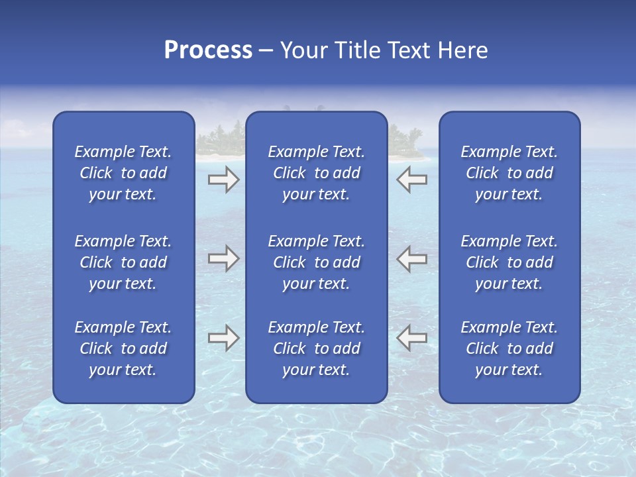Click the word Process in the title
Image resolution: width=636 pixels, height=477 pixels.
tap(208, 50)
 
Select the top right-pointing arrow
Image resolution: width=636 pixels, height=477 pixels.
tap(223, 180)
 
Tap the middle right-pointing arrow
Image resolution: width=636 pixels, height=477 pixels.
tap(223, 258)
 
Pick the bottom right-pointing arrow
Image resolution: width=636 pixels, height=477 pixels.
tap(223, 337)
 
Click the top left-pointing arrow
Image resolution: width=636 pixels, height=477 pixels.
tap(411, 180)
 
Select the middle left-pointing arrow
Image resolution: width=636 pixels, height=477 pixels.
tap(411, 258)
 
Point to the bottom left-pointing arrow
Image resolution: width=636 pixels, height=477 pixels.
tap(411, 337)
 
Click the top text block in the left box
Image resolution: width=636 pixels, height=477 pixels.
tap(123, 173)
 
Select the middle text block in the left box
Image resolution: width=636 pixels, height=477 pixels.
tap(123, 262)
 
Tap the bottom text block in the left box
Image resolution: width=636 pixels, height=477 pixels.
tap(123, 348)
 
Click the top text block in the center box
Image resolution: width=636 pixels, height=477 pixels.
tap(316, 173)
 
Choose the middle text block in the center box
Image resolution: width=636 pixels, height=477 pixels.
tap(316, 262)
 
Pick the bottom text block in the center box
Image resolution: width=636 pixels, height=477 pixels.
tap(316, 348)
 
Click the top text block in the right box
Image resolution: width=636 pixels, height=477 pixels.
tap(509, 173)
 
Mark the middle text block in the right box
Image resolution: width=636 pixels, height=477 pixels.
tap(509, 262)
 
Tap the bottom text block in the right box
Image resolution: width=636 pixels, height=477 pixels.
tap(509, 348)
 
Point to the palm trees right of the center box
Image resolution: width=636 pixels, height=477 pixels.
tap(405, 140)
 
